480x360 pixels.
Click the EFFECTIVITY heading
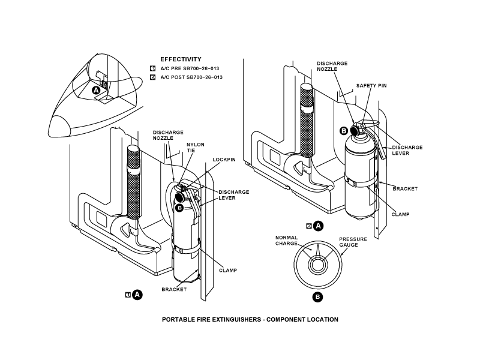coord(181,59)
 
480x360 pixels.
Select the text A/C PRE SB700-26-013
coord(190,68)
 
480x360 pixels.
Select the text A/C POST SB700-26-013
coord(191,77)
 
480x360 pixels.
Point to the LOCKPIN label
coord(224,160)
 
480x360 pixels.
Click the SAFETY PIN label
coord(371,86)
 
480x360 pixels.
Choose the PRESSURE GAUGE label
coord(353,242)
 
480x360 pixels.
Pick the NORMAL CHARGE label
coord(287,241)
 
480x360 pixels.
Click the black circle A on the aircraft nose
coord(97,91)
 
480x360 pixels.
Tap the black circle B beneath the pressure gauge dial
coord(317,297)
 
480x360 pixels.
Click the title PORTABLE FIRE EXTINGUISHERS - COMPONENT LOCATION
coord(250,320)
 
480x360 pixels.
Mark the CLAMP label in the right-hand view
coord(400,214)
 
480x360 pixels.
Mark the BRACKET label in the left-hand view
coord(174,289)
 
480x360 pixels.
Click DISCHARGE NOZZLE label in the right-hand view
coord(332,66)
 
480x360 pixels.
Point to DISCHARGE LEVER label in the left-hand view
coord(233,195)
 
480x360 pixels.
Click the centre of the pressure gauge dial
coord(317,265)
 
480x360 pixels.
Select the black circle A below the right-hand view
coord(319,226)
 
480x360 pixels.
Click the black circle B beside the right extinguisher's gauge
coord(344,131)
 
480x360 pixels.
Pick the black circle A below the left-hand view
coord(137,295)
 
